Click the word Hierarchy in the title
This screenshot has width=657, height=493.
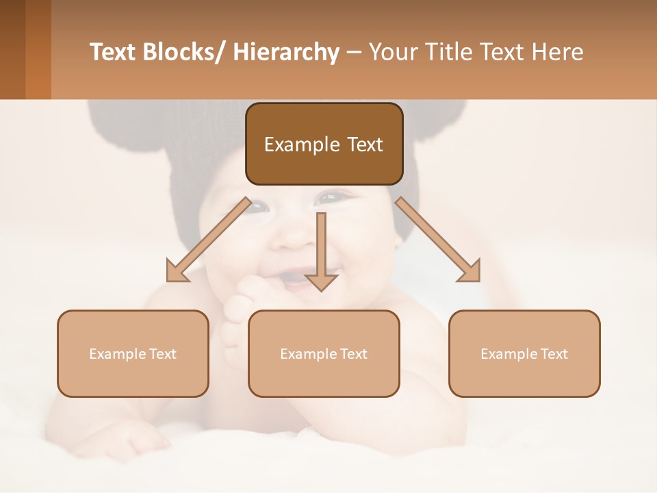coord(286,53)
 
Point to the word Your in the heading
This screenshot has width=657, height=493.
coord(393,53)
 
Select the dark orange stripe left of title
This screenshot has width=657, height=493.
coord(38,49)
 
